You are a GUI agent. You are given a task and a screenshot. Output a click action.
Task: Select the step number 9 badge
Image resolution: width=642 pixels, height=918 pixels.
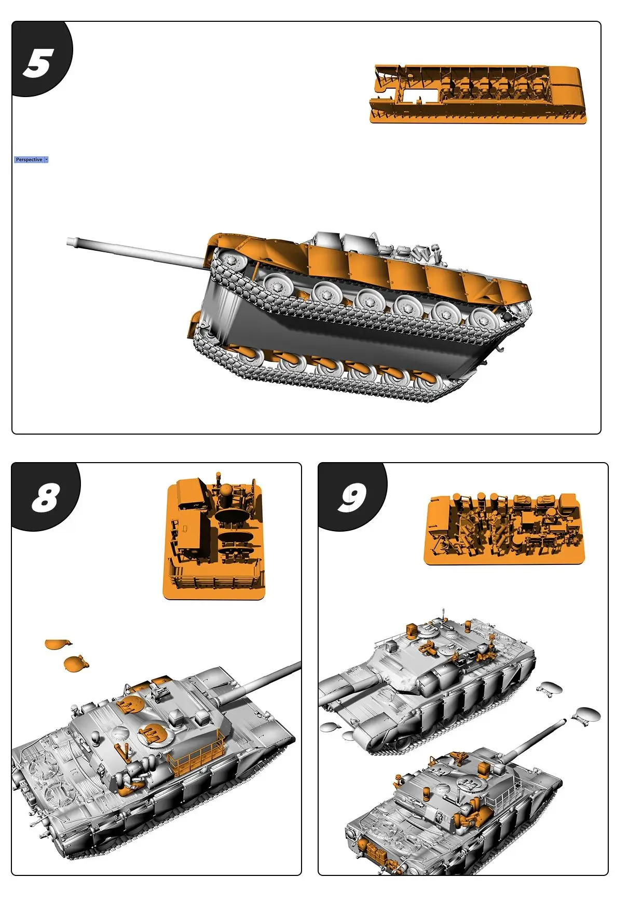click(351, 496)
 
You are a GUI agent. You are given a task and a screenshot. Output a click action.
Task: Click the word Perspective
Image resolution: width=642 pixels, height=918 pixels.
click(29, 160)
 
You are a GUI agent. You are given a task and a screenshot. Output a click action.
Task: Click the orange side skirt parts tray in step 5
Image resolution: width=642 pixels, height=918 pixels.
click(477, 94)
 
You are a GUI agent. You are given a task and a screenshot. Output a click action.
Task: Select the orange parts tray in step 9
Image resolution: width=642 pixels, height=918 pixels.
click(503, 529)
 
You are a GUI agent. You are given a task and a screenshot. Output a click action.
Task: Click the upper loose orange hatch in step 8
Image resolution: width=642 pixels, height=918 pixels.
click(58, 644)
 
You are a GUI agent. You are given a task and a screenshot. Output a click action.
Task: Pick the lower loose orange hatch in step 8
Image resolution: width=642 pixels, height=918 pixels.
click(75, 663)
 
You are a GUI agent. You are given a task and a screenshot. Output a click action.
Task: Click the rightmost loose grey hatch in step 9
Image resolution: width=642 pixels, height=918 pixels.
click(586, 715)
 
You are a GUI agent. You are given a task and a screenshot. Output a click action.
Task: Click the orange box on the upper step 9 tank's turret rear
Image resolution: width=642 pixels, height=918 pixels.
click(412, 629)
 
